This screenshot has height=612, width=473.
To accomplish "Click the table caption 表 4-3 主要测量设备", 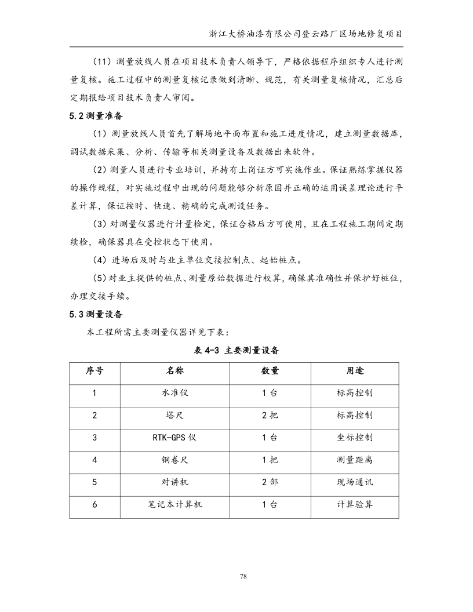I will point(237,351).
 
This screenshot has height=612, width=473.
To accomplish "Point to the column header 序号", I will point(94,370).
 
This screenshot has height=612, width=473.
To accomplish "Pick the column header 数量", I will point(270,370).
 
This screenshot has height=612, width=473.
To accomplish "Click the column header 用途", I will point(355,370).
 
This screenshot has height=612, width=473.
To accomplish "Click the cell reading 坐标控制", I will point(355,438).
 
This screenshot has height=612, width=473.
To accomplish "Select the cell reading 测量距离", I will point(355,460).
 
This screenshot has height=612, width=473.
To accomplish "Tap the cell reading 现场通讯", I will point(355,482).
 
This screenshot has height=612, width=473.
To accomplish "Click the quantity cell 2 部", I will point(270,482).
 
